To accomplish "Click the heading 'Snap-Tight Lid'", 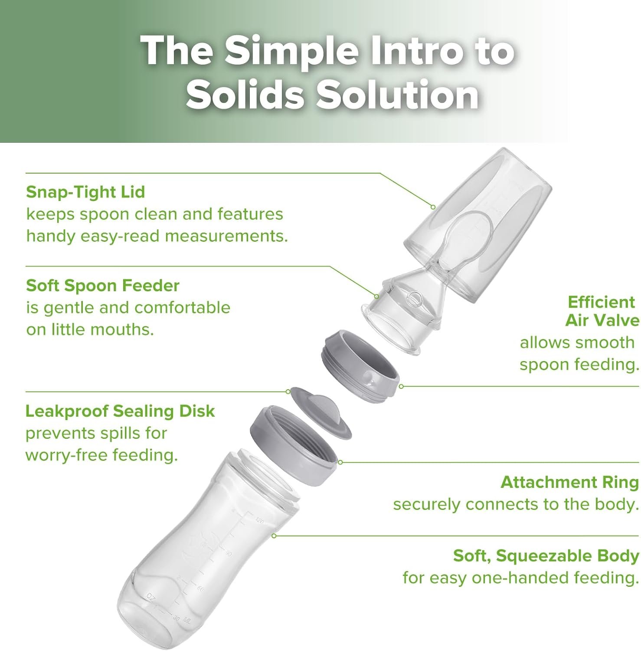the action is pos(85,192).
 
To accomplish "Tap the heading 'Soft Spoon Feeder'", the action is pos(103,286).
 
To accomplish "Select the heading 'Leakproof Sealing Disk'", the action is pos(120,411).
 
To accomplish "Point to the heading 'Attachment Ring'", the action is pos(570,482).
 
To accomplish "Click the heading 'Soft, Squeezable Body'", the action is pos(546,556).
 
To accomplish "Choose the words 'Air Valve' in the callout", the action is pos(602,320).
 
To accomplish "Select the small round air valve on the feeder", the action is pos(415,299).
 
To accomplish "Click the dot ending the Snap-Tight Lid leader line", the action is pos(433,207).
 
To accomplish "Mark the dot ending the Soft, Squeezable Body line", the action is pos(274,536).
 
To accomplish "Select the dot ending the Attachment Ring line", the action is pos(340,462).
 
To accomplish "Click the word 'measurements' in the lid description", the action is pos(226,236).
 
